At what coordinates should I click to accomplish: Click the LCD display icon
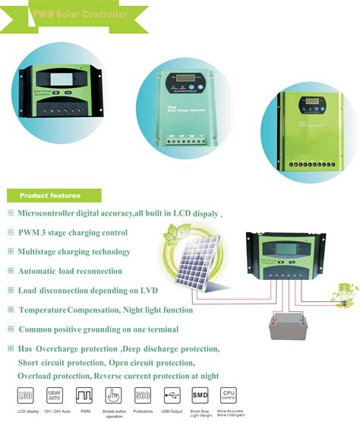24,395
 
